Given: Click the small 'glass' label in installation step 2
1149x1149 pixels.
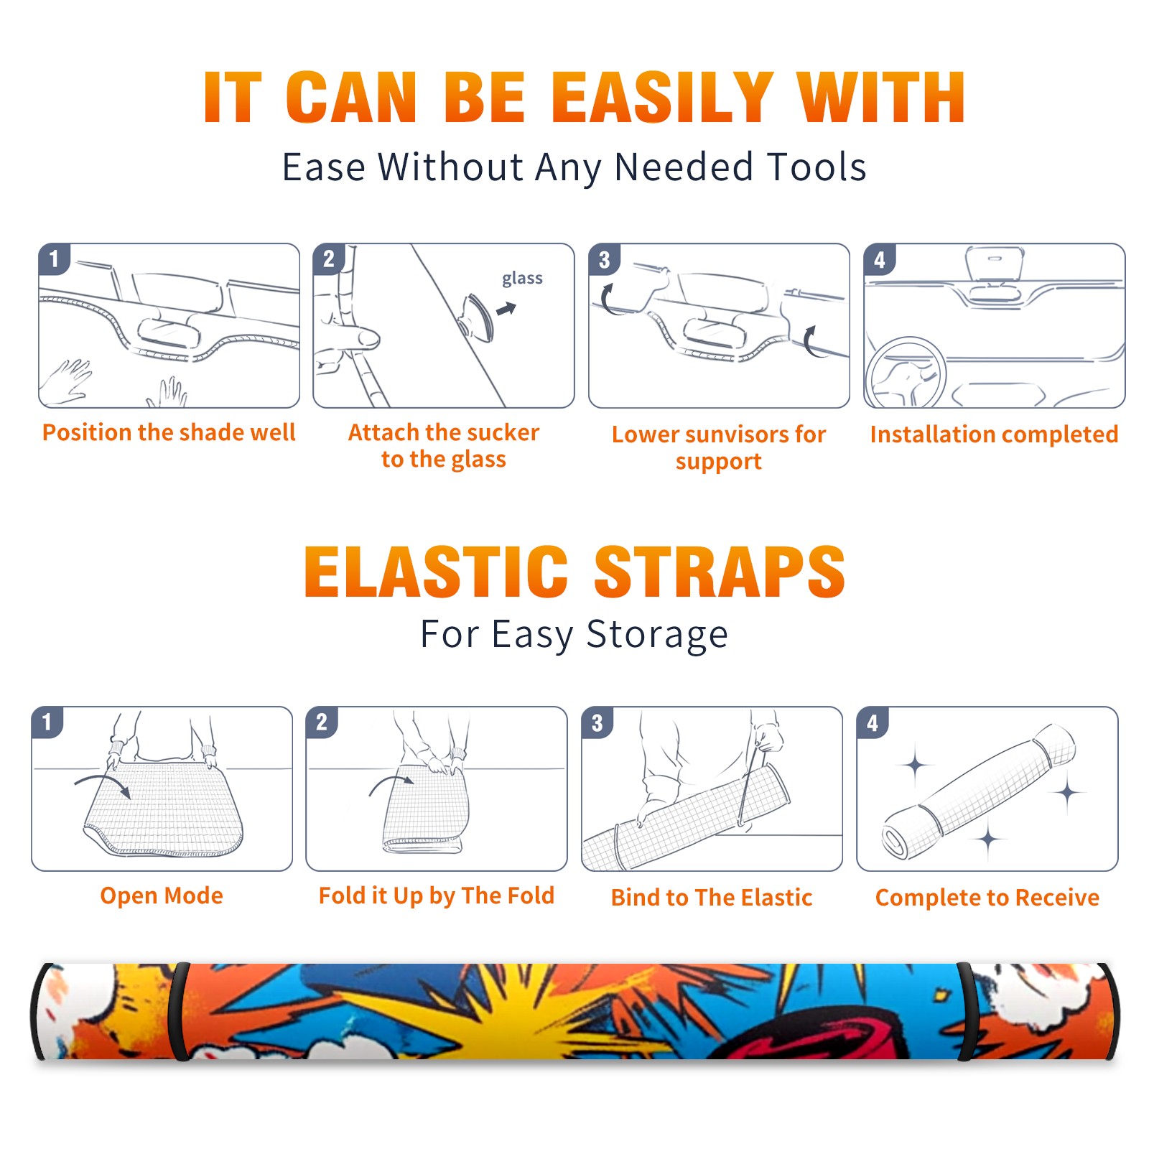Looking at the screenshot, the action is pos(522,279).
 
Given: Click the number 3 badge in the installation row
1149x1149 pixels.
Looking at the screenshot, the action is pos(604,259).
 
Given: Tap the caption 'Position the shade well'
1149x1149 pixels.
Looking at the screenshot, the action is pos(169,432).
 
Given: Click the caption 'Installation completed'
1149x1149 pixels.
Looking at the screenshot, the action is pos(994,434).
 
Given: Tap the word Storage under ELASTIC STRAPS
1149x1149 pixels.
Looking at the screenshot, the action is pos(657,635).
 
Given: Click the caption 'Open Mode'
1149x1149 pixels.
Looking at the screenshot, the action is pos(162,896).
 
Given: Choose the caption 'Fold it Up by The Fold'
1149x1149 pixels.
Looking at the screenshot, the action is pos(437,896).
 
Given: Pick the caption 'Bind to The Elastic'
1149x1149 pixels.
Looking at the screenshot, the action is pos(712,897).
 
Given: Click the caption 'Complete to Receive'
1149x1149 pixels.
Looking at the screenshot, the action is pos(987,897).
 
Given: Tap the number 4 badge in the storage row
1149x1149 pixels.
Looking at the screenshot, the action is pos(873,722).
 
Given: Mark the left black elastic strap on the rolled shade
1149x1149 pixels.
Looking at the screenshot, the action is pos(178,1011).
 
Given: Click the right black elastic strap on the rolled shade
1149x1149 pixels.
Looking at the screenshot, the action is pos(964,1011).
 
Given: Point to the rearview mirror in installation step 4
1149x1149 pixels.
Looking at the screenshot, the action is pos(995,263).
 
